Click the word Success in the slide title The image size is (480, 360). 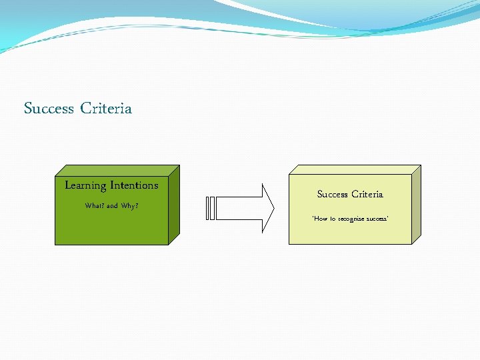49,108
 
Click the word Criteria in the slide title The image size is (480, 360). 106,108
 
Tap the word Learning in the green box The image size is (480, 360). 85,185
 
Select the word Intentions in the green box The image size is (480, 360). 134,185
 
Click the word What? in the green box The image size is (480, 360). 94,206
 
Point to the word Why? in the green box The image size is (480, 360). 130,206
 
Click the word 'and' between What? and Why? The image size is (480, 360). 112,206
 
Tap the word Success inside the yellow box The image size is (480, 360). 333,195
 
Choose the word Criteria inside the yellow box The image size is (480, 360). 367,195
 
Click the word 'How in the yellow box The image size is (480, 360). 321,219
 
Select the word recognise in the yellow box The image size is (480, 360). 350,219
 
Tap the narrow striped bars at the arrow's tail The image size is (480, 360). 211,208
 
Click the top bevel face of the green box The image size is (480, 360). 117,170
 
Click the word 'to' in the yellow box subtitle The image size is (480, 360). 334,219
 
